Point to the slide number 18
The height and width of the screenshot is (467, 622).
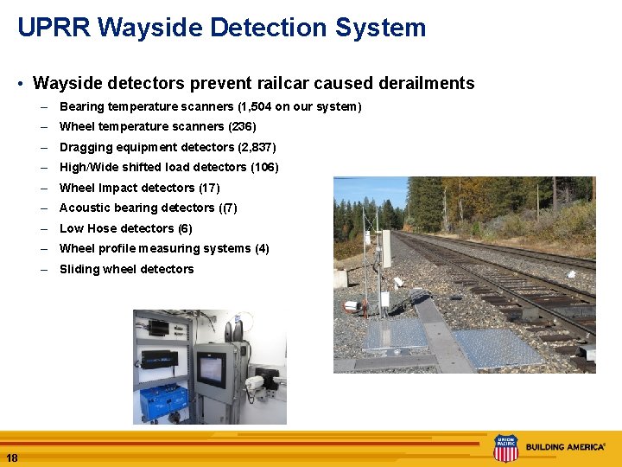pos(11,457)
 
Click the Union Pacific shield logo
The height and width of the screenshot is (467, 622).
pos(505,448)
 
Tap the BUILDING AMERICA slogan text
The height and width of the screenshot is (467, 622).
pos(566,447)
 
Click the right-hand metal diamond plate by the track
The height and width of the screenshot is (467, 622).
pos(497,346)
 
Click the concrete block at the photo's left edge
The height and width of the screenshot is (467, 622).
pos(340,278)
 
